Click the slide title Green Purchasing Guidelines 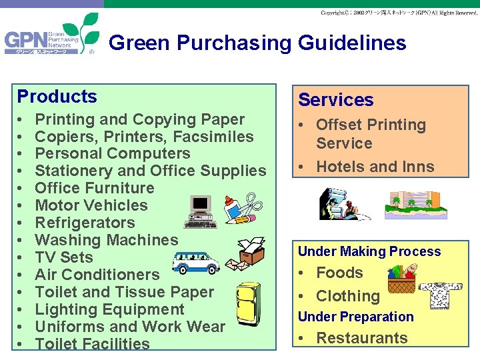pyautogui.click(x=257, y=43)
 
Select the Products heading pyautogui.click(x=57, y=97)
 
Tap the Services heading pyautogui.click(x=335, y=100)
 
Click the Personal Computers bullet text pyautogui.click(x=112, y=153)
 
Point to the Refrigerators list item pyautogui.click(x=85, y=223)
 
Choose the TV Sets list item pyautogui.click(x=64, y=257)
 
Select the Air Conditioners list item pyautogui.click(x=97, y=275)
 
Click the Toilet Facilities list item pyautogui.click(x=92, y=344)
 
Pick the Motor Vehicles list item pyautogui.click(x=91, y=205)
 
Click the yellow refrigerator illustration pyautogui.click(x=248, y=304)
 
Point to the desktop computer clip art pyautogui.click(x=201, y=211)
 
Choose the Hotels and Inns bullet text pyautogui.click(x=375, y=167)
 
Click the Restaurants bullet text pyautogui.click(x=361, y=338)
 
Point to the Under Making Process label pyautogui.click(x=369, y=251)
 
